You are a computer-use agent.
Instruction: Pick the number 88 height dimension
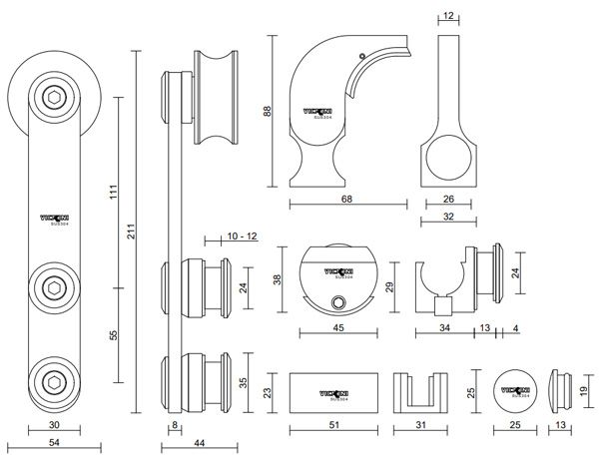268,112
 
